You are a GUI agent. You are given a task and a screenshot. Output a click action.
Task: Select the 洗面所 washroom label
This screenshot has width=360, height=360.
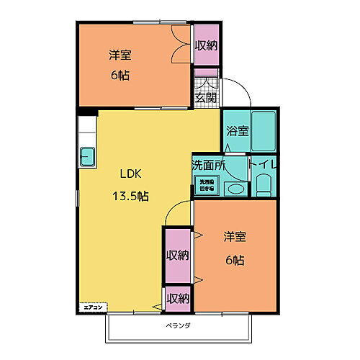tap(209, 165)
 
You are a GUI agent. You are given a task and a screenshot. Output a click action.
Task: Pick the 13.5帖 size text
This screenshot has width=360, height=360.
tap(131, 195)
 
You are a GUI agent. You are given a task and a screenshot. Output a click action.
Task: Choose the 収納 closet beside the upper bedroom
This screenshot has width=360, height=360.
tap(206, 45)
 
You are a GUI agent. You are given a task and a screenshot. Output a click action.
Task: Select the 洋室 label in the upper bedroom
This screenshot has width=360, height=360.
tap(120, 55)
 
